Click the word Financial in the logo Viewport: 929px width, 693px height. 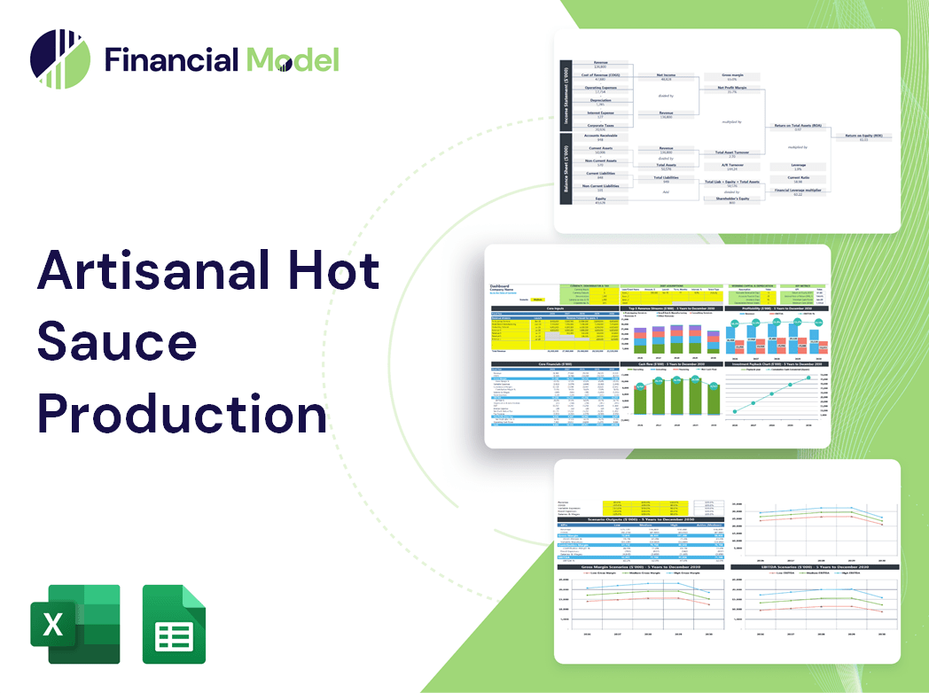point(171,59)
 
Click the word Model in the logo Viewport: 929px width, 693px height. point(293,59)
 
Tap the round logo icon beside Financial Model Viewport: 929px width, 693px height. point(60,60)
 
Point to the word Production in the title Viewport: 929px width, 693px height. point(182,412)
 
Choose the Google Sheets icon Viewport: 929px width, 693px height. point(174,624)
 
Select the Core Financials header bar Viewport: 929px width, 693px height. point(556,363)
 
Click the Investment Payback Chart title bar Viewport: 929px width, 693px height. point(777,363)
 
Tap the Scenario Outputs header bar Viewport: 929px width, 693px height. point(638,519)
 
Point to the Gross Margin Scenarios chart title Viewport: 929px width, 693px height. point(638,566)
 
